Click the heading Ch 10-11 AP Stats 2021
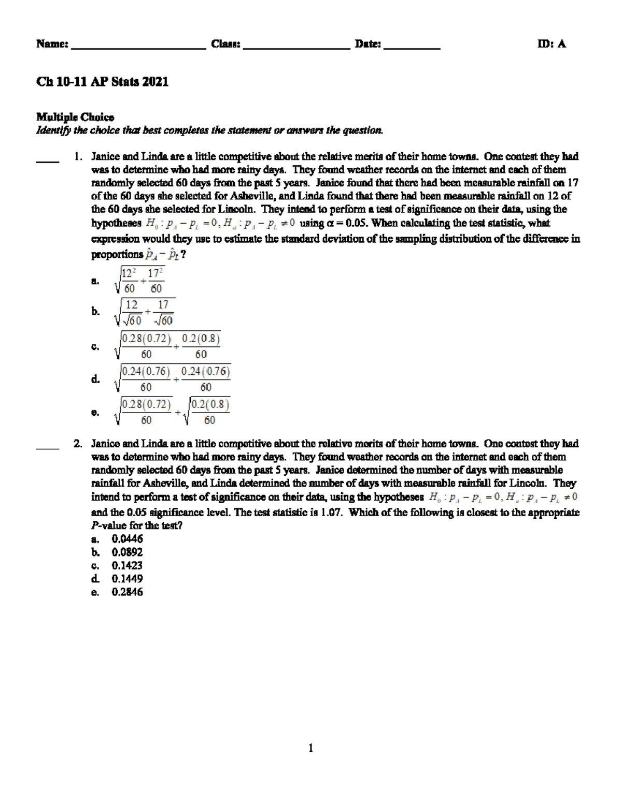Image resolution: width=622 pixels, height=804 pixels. [x=102, y=82]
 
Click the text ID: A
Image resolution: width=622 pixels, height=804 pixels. [x=552, y=44]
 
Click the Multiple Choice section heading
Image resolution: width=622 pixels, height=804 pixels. [x=75, y=117]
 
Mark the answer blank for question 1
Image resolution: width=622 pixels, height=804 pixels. [x=47, y=162]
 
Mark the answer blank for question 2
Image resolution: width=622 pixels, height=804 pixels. [x=47, y=449]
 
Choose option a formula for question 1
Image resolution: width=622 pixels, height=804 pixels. [x=139, y=281]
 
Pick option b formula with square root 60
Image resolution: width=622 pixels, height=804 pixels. [x=144, y=312]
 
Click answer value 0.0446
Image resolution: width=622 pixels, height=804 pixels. [x=127, y=539]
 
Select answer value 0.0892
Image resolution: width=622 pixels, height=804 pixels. [x=127, y=552]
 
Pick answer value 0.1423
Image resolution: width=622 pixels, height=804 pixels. [x=127, y=565]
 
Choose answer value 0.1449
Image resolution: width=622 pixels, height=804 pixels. [x=127, y=579]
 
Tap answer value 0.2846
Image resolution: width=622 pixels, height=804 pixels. [x=127, y=592]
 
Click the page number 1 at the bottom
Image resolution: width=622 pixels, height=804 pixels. [x=310, y=748]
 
